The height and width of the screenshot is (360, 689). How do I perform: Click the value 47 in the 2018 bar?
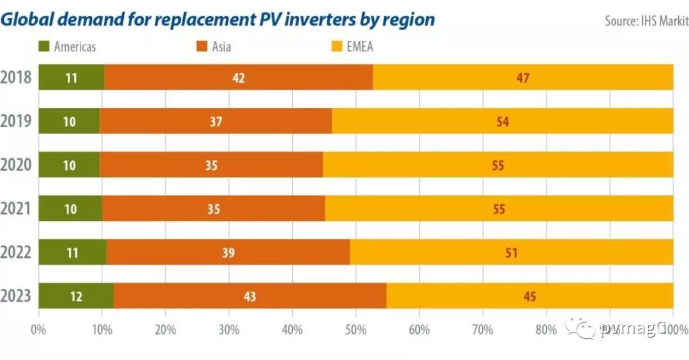click(523, 78)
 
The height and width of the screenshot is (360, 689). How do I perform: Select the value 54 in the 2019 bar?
click(503, 121)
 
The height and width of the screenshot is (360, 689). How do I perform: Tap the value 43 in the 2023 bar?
click(249, 296)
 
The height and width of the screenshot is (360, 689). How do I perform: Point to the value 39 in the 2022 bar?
click(228, 253)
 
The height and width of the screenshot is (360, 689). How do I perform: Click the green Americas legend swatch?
click(44, 47)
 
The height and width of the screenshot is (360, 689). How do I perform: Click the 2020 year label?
click(17, 165)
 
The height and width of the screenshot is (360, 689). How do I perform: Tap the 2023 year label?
click(17, 296)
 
